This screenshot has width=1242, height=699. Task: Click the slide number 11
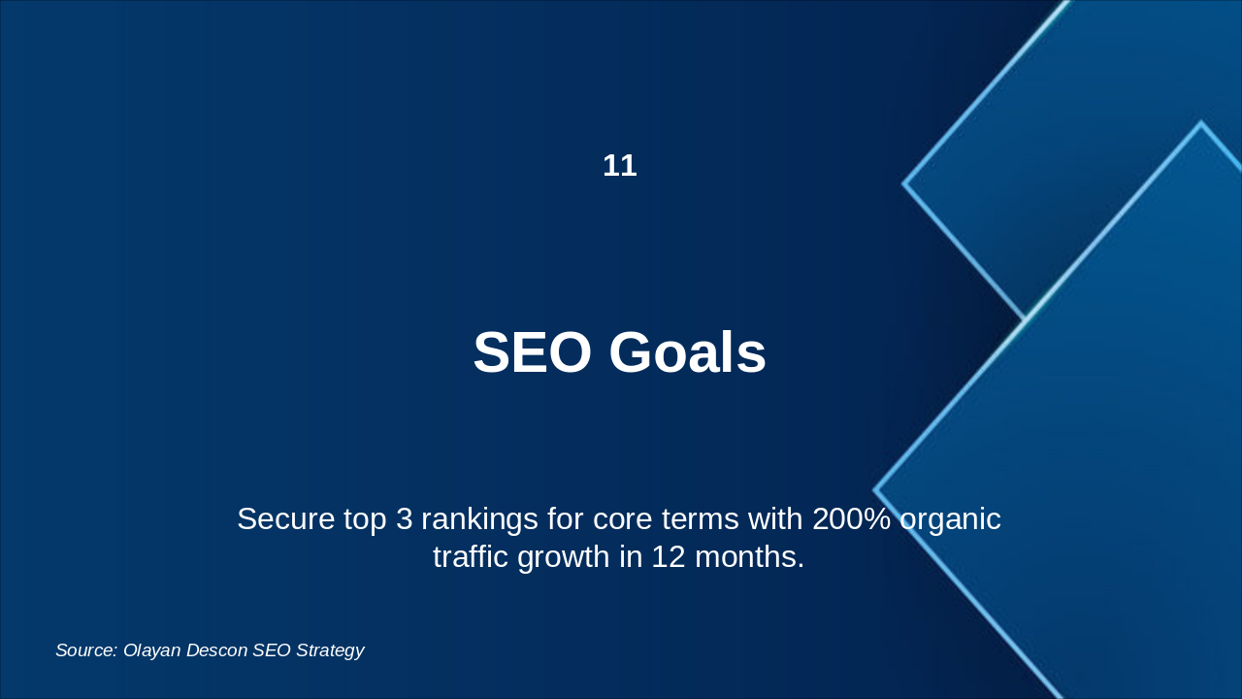point(620,166)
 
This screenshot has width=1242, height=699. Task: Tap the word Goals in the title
point(688,352)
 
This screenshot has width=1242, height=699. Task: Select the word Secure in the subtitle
point(285,519)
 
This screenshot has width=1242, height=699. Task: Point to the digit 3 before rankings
point(405,519)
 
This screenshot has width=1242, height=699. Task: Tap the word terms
point(701,519)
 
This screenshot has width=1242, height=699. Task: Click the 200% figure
point(852,519)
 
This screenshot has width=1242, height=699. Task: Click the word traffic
point(471,556)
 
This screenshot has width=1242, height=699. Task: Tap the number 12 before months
point(669,556)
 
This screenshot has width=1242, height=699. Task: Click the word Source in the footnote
point(86,650)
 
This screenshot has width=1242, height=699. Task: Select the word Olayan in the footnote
point(152,651)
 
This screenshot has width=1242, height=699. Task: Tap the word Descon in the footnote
point(216,650)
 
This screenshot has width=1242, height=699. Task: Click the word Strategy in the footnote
point(330,651)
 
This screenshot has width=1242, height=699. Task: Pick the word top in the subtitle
point(365,521)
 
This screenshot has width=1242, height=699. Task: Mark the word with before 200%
point(775,519)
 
